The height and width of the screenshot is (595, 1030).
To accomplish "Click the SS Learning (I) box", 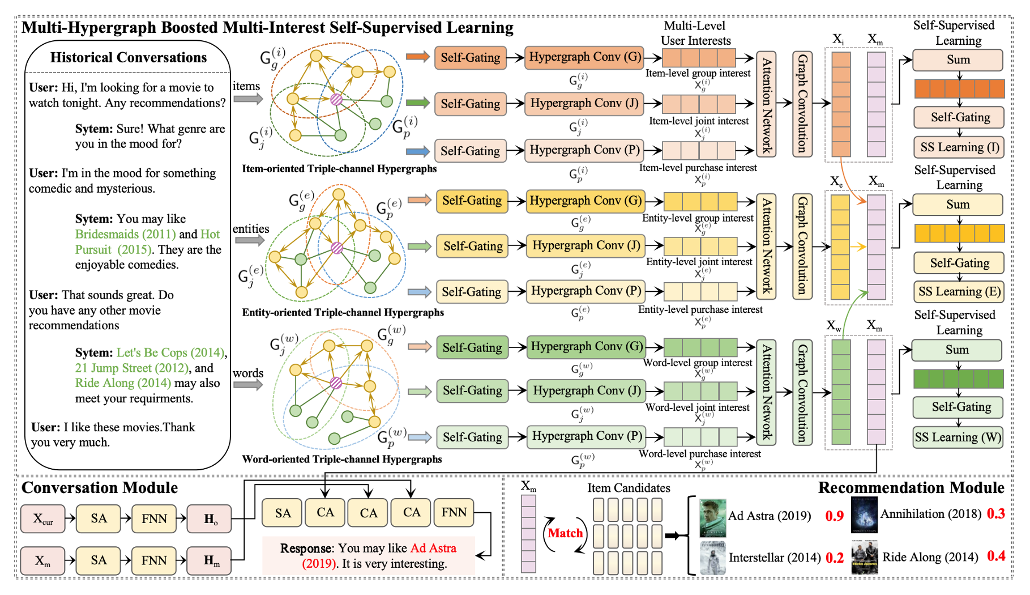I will [x=959, y=147].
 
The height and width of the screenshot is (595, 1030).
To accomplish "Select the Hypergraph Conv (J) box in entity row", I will [x=585, y=245].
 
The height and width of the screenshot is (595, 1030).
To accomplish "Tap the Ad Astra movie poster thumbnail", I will [x=712, y=518].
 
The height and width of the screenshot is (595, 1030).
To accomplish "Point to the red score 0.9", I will [x=834, y=516].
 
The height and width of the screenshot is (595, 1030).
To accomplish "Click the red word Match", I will [x=565, y=533].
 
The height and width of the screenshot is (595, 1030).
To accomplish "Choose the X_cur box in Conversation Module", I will [x=42, y=518].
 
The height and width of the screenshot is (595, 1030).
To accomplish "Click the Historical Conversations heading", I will [x=129, y=57].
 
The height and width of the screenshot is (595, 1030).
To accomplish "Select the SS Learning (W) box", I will [x=958, y=437].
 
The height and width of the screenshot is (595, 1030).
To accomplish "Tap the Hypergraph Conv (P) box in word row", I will [x=587, y=436].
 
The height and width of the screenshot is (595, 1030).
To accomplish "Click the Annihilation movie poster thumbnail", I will [x=864, y=515].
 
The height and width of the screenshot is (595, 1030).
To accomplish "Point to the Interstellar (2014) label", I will [x=774, y=558].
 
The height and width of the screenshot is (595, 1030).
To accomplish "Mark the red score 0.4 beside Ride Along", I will [x=996, y=556].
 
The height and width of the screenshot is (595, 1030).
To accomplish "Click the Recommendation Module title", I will [x=911, y=488].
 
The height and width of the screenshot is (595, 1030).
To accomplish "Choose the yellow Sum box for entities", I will [x=958, y=205].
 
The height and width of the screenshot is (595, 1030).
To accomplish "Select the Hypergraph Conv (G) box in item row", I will [x=584, y=57].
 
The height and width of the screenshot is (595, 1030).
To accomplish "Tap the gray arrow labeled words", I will [x=248, y=385].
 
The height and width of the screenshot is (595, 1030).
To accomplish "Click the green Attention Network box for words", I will [x=766, y=392].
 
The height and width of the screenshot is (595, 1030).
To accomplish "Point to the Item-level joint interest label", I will [x=698, y=121].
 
